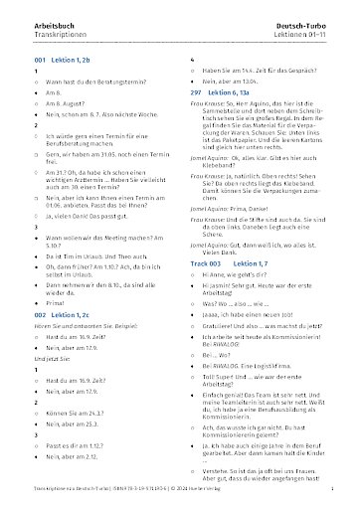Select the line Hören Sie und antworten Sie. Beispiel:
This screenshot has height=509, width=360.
tap(89, 312)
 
